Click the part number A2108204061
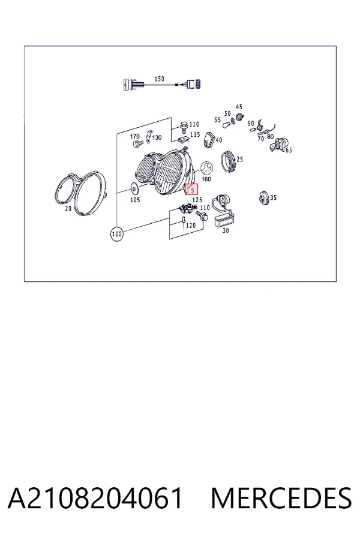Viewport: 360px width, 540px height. tap(95, 498)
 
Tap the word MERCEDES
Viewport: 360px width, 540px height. tap(281, 498)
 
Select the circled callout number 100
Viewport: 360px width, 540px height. tap(117, 234)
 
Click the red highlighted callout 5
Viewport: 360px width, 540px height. tap(191, 190)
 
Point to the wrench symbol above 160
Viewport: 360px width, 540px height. tap(206, 169)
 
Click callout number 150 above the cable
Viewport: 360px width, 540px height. tap(159, 79)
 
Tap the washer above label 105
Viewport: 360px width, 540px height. tap(134, 189)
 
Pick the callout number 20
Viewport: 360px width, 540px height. tap(68, 208)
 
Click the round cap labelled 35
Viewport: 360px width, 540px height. tap(264, 197)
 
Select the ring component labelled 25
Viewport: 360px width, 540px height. tap(228, 161)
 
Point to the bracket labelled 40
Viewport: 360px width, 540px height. tap(209, 140)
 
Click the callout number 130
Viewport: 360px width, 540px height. tap(157, 138)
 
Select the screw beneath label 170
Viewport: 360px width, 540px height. tap(136, 143)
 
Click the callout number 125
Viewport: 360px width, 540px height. tap(197, 200)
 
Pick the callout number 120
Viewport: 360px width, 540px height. tap(191, 225)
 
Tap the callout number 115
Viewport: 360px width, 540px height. tap(195, 134)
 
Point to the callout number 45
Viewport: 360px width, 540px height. tap(239, 107)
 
